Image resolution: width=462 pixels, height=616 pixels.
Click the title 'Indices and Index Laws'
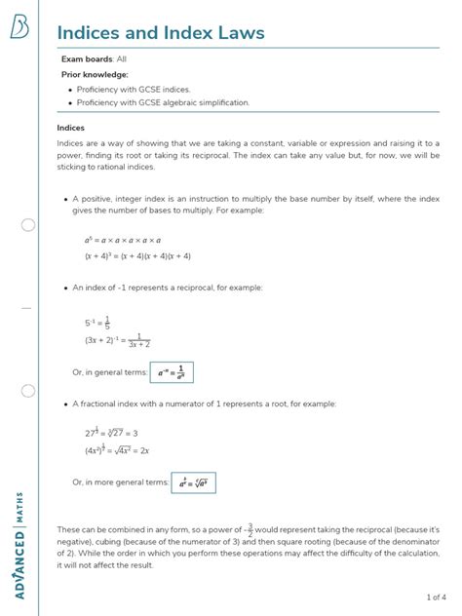tap(160, 33)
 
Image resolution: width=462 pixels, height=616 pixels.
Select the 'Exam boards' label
tap(87, 59)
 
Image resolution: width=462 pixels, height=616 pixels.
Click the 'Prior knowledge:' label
tap(95, 74)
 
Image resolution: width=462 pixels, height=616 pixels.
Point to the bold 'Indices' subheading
tap(71, 128)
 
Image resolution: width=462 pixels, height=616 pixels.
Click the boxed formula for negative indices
tap(173, 372)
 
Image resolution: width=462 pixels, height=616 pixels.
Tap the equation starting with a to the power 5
tap(123, 239)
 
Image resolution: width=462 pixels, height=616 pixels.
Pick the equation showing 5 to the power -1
tap(97, 324)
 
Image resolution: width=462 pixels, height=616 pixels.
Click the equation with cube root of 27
tap(111, 432)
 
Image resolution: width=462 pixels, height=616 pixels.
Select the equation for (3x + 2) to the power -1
tap(117, 341)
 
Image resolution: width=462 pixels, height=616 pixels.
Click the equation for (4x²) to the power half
tap(117, 450)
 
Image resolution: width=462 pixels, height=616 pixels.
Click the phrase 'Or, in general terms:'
tap(109, 372)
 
